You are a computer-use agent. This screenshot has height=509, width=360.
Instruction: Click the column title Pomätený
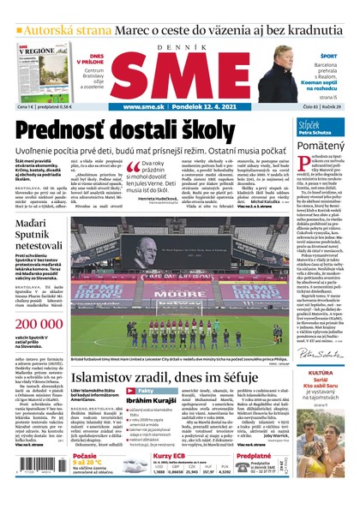(x=322, y=147)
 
